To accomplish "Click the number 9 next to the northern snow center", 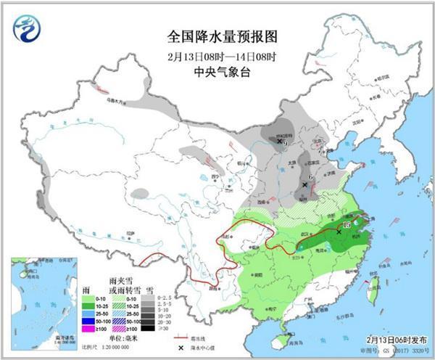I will tap(286, 143).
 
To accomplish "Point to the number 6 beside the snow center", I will tap(310, 177).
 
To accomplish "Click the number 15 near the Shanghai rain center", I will tap(347, 226).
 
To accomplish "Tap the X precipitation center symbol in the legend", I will tap(181, 347).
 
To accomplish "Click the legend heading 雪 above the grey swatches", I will tap(149, 289).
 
